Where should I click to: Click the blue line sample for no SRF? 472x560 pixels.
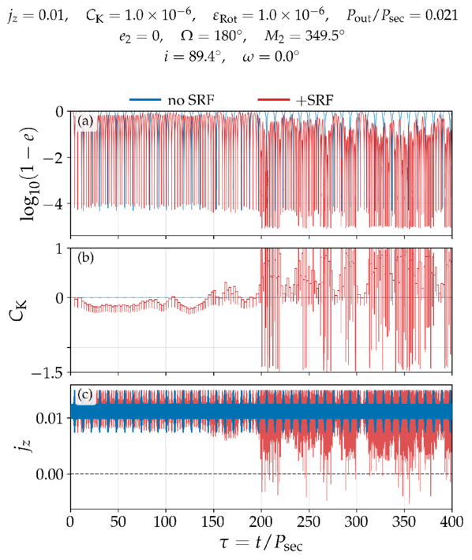point(145,99)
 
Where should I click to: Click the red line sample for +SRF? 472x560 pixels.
point(274,99)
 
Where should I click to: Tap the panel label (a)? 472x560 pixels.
point(85,121)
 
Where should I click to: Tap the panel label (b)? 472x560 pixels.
point(86,258)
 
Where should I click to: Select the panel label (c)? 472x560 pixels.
point(85,394)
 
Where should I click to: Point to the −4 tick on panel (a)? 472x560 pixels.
point(54,204)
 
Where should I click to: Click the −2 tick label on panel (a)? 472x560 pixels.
point(54,158)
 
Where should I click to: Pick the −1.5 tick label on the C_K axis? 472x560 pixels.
point(48,373)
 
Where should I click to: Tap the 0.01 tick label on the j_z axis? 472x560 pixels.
point(50,418)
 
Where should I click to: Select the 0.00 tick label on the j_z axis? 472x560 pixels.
point(50,474)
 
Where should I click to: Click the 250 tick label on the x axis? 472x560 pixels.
point(309,521)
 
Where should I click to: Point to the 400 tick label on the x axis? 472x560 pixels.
point(451,521)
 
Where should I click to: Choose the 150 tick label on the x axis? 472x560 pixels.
point(213,521)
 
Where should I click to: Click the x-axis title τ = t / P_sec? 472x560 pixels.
point(261,543)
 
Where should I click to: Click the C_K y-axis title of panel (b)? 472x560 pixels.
point(19,310)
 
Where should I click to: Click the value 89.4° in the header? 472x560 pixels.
point(204,57)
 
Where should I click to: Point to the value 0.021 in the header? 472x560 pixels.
point(442,15)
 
